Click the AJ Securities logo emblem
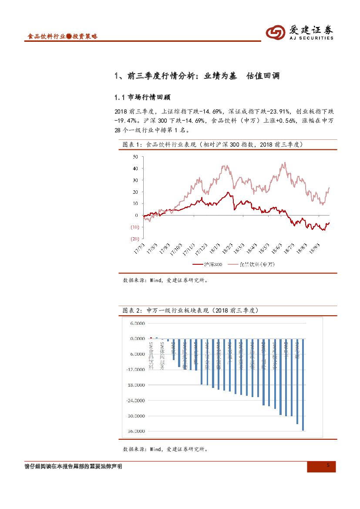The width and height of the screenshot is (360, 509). click(x=276, y=32)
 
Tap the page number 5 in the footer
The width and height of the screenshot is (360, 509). click(x=328, y=466)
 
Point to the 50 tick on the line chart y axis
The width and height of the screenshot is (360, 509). click(x=135, y=156)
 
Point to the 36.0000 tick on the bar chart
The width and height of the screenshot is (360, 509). click(x=136, y=431)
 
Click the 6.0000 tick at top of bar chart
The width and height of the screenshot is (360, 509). click(x=137, y=323)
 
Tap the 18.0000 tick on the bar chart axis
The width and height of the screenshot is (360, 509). click(x=136, y=385)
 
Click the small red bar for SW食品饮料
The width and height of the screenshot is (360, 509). click(x=151, y=337)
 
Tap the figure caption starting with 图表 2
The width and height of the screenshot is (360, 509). click(x=192, y=310)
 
